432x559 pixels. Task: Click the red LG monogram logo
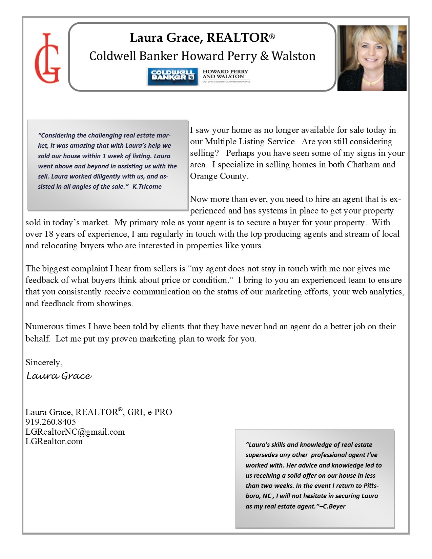(47, 58)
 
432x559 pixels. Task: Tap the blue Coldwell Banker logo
(172, 76)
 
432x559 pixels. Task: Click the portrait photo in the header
(372, 58)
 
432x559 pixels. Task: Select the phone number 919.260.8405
(51, 422)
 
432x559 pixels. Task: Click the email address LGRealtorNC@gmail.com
(75, 432)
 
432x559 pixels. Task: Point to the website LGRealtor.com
(54, 441)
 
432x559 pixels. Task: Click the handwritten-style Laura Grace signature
(59, 376)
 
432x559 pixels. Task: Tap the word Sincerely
(44, 362)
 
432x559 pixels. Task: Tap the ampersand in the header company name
(264, 56)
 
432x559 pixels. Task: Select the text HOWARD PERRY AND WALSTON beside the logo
(225, 74)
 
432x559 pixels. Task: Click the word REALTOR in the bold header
(238, 38)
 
